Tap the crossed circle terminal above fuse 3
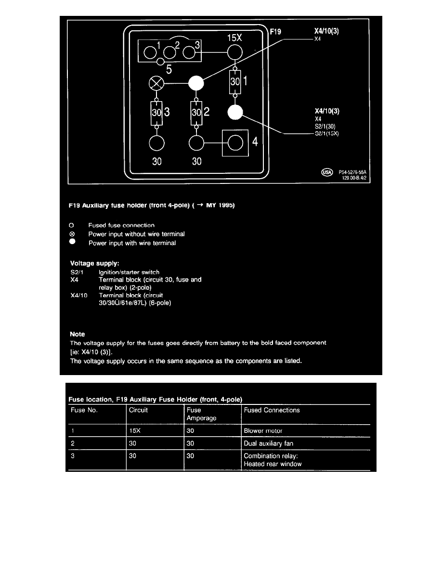click(x=157, y=84)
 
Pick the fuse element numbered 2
click(x=195, y=114)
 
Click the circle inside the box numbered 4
click(x=235, y=143)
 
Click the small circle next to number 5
click(x=166, y=62)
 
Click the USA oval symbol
click(x=326, y=172)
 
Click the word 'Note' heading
click(x=77, y=334)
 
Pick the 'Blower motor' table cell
click(x=263, y=431)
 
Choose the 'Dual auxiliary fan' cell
click(x=268, y=443)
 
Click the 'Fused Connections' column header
click(x=272, y=410)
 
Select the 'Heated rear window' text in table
click(x=273, y=464)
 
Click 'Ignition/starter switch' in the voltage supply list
click(x=129, y=273)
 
